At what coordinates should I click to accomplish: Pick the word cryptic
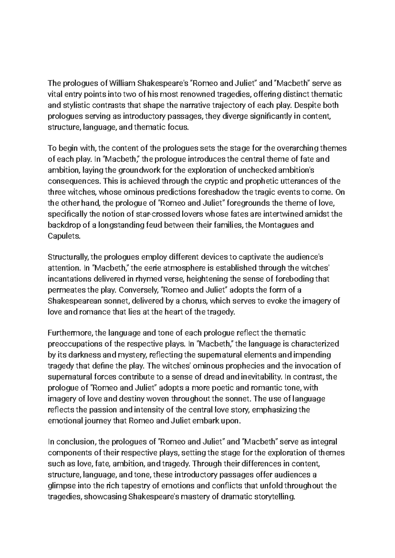210,181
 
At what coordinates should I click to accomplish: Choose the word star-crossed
158,214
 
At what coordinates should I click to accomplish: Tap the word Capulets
64,236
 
